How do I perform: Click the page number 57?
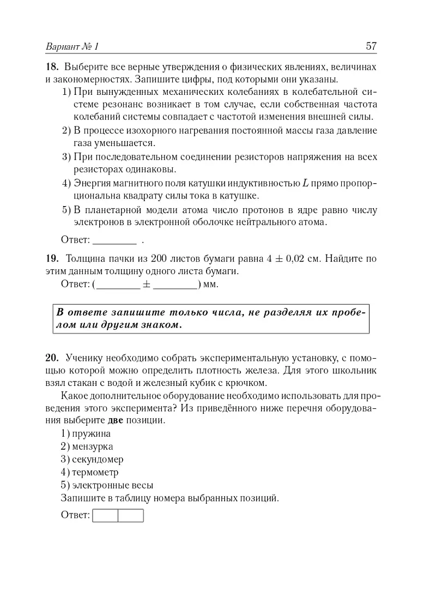click(371, 46)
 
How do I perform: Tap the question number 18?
click(52, 68)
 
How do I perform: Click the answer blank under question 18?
click(115, 239)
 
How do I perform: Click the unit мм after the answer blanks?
click(210, 284)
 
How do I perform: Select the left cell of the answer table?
click(106, 515)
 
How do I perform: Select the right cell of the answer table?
click(131, 515)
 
